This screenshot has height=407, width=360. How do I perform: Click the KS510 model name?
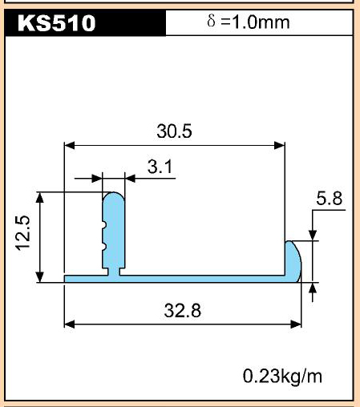(56, 23)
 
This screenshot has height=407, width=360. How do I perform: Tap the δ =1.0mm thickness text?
(249, 22)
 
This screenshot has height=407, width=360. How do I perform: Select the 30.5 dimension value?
(174, 131)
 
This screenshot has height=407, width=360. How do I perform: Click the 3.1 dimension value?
(160, 167)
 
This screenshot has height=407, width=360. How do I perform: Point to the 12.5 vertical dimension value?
(23, 233)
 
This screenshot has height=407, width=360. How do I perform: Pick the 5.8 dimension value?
(329, 199)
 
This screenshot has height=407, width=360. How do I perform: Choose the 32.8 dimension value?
(183, 310)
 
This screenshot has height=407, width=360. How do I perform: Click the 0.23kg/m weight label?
(282, 376)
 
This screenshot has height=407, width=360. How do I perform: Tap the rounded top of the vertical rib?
(114, 196)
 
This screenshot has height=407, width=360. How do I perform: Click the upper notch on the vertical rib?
(104, 225)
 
